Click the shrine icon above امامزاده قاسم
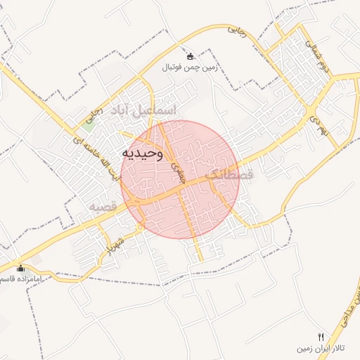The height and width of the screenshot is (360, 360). tap(20, 268)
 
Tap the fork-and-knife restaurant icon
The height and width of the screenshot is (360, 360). tap(321, 337)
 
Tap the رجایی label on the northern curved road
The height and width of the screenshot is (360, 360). tap(237, 32)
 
